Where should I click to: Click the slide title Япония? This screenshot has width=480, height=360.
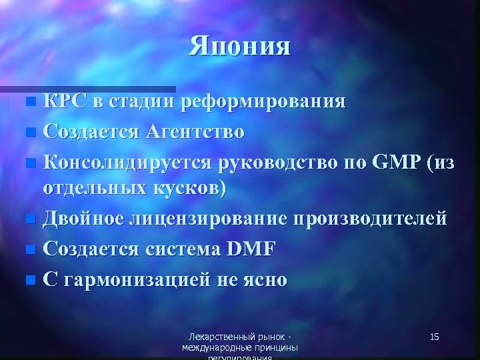coord(240,47)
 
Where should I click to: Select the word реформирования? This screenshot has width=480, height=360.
coord(267,103)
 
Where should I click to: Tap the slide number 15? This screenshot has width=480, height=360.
coord(434,337)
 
